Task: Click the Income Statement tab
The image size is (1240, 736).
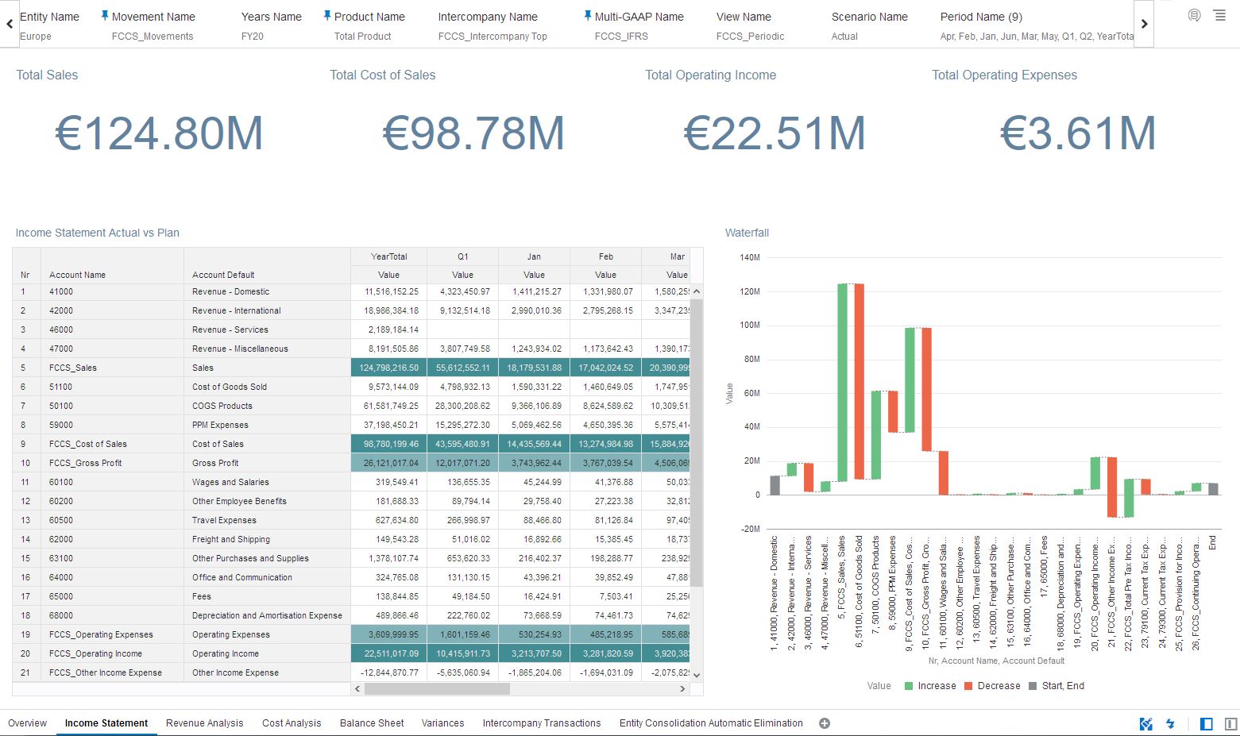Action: point(106,723)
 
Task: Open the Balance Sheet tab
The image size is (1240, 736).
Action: point(372,723)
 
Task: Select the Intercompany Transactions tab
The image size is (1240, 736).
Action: point(541,723)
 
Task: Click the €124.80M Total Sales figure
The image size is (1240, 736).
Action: point(159,133)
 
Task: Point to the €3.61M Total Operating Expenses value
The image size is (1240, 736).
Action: point(1077,133)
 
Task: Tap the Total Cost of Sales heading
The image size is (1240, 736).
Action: point(382,75)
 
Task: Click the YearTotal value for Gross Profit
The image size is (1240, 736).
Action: point(389,463)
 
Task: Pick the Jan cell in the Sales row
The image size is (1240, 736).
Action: point(534,368)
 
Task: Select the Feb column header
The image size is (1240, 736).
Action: point(605,256)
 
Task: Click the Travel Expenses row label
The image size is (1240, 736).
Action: point(224,520)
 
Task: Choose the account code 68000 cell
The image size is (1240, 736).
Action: point(61,615)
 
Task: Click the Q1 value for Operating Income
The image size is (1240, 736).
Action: point(462,653)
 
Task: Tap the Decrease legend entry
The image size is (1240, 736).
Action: point(992,686)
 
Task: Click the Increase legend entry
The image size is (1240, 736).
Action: point(930,686)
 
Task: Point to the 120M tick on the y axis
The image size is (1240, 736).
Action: point(750,291)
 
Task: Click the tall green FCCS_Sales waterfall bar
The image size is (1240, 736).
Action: point(842,381)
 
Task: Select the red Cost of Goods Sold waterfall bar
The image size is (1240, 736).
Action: point(859,381)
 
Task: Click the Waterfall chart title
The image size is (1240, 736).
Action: point(747,233)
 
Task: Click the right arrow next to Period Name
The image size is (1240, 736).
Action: point(1144,24)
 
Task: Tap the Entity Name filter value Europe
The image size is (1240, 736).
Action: point(36,37)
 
